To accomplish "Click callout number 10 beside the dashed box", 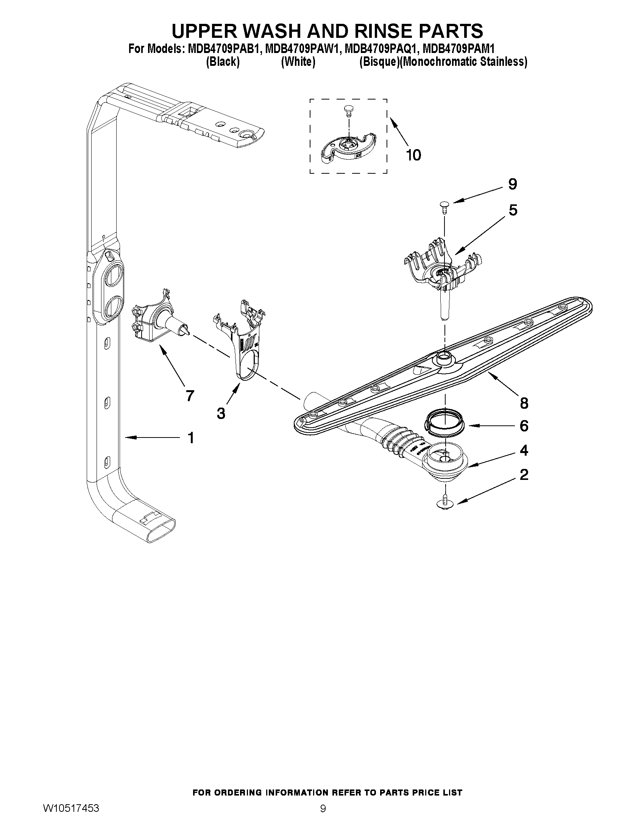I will coord(413,155).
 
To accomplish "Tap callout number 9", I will coord(512,184).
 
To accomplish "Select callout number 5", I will coord(513,210).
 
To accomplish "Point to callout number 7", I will coord(189,395).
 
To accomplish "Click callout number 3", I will coord(221,413).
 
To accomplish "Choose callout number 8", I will coord(524,403).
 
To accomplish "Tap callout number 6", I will coord(524,426).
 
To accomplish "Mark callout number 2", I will coord(524,475).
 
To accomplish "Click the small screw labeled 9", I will coord(444,207).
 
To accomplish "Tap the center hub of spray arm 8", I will coord(444,357).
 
